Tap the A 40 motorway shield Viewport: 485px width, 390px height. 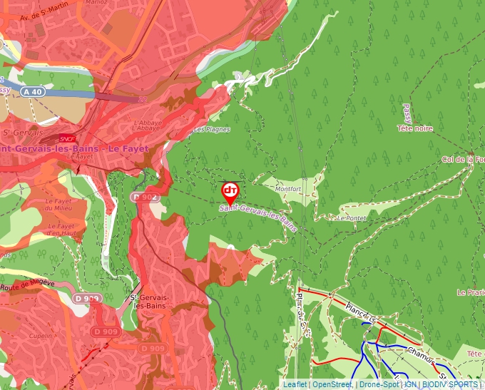pyautogui.click(x=33, y=92)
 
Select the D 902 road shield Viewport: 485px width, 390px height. pyautogui.click(x=145, y=197)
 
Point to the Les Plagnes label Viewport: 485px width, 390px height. pyautogui.click(x=208, y=130)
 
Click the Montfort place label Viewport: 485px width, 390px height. pyautogui.click(x=289, y=189)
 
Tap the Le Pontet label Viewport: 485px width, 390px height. pyautogui.click(x=350, y=217)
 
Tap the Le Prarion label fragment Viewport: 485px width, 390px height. pyautogui.click(x=471, y=292)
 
